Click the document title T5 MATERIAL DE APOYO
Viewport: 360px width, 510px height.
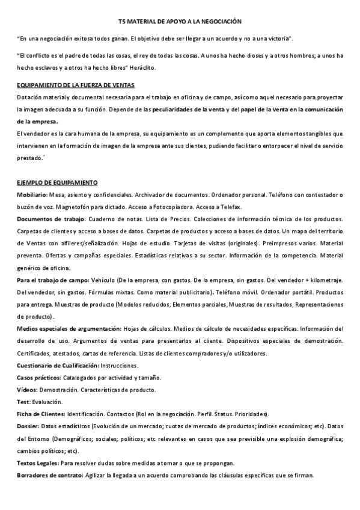tap(180, 22)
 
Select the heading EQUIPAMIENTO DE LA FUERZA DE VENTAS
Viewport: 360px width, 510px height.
tap(76, 85)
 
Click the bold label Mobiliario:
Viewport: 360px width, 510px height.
tap(32, 195)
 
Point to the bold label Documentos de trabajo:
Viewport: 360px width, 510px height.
tap(52, 219)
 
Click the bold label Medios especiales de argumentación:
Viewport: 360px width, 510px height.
tap(69, 329)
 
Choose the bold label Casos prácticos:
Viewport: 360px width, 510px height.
tap(39, 378)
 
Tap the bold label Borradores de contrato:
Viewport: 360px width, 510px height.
tap(49, 475)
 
